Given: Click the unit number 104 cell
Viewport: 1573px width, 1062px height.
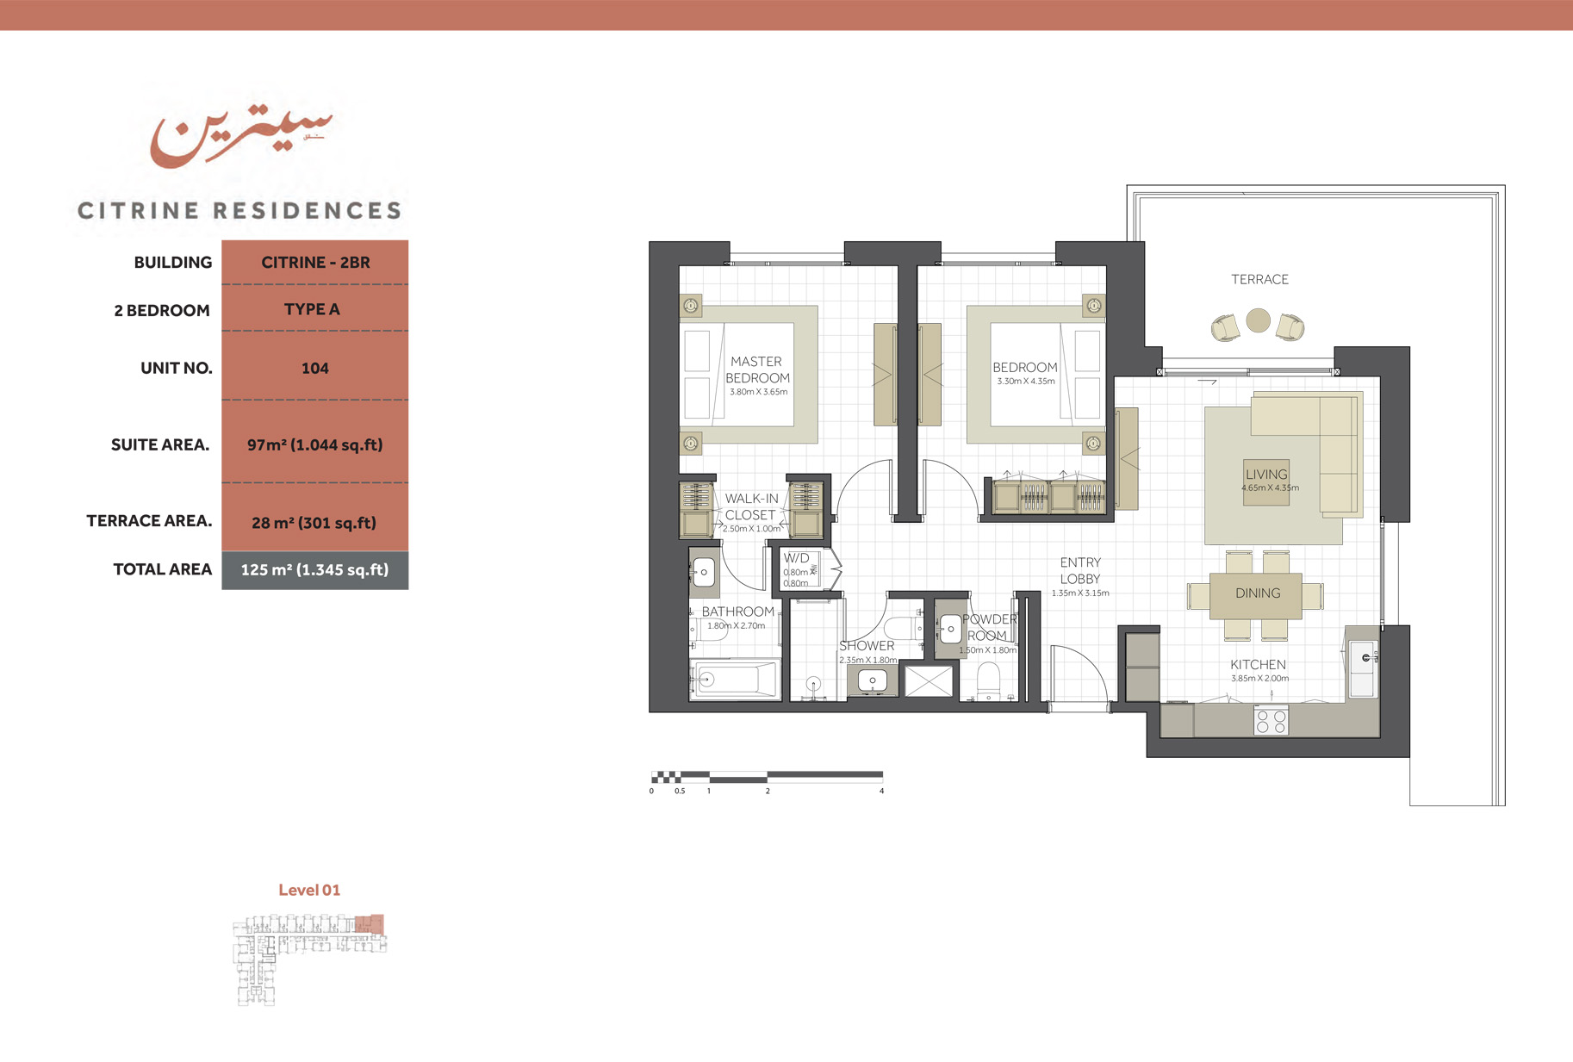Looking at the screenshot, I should click(x=314, y=369).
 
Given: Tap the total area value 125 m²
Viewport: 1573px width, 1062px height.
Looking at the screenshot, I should click(x=314, y=570).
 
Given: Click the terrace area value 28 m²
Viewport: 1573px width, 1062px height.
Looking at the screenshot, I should click(x=314, y=523).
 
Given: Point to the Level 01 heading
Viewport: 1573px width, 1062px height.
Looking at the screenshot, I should click(x=309, y=891).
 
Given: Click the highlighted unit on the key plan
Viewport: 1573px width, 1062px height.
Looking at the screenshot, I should click(x=370, y=924).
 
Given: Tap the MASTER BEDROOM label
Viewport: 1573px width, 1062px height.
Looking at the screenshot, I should click(x=756, y=370).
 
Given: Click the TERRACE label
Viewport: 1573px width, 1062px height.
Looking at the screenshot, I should click(x=1259, y=280).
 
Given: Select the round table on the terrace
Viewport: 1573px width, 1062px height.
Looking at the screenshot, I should click(x=1258, y=320).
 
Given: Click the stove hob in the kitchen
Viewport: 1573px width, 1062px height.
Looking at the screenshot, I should click(x=1271, y=721).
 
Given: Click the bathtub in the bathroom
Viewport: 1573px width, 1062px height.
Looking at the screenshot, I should click(x=737, y=680).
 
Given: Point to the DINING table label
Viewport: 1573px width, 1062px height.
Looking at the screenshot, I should click(x=1258, y=593).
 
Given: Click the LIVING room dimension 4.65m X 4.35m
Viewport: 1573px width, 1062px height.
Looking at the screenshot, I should click(x=1270, y=488).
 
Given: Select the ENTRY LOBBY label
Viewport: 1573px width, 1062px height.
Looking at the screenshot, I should click(x=1080, y=571).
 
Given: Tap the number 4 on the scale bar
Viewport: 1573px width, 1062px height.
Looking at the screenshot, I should click(x=881, y=791).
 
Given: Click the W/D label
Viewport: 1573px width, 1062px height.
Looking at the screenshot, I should click(x=796, y=558).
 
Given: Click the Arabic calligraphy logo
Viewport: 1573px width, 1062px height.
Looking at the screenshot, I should click(x=241, y=136).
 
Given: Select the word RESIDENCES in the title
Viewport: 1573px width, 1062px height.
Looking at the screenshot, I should click(x=308, y=211).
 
